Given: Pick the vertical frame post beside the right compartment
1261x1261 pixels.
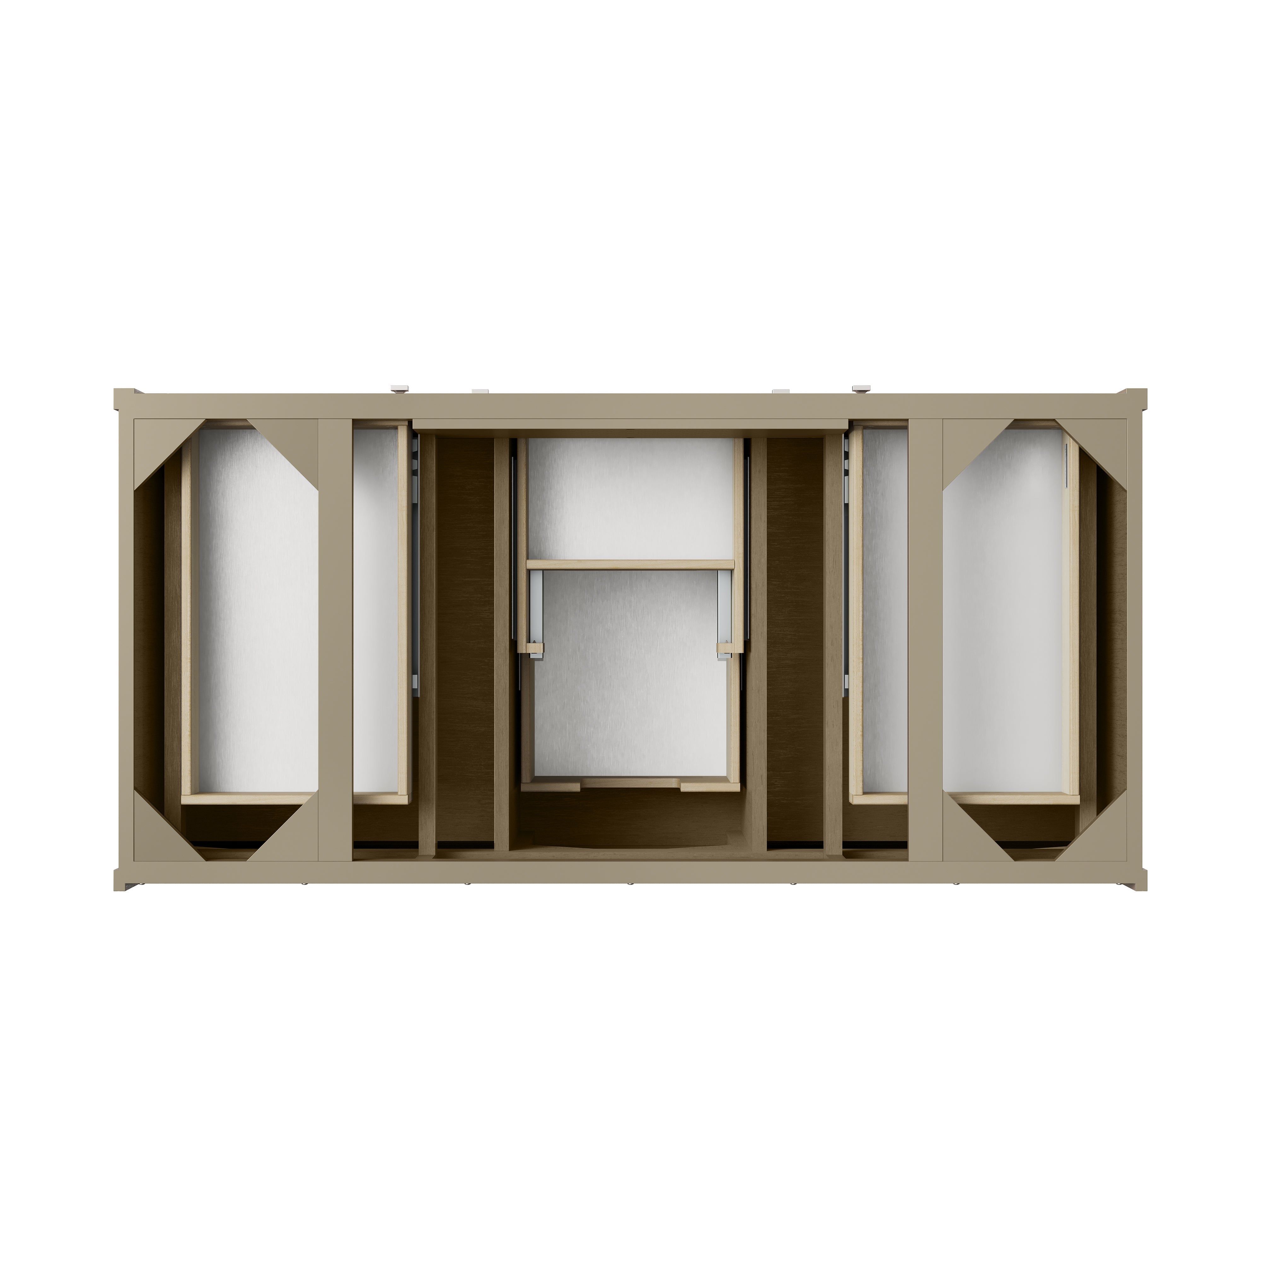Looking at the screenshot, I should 926,640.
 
